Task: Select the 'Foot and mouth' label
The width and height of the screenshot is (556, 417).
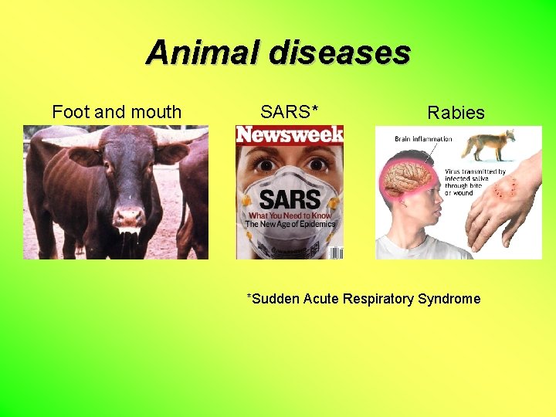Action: [117, 112]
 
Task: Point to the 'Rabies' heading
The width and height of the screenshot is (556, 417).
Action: [456, 113]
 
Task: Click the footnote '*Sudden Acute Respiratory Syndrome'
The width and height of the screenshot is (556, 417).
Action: [363, 299]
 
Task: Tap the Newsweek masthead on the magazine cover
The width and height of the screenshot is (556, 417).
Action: [290, 135]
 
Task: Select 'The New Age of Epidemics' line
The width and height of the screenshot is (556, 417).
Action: [290, 224]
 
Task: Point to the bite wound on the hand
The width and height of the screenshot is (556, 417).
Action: [506, 189]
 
